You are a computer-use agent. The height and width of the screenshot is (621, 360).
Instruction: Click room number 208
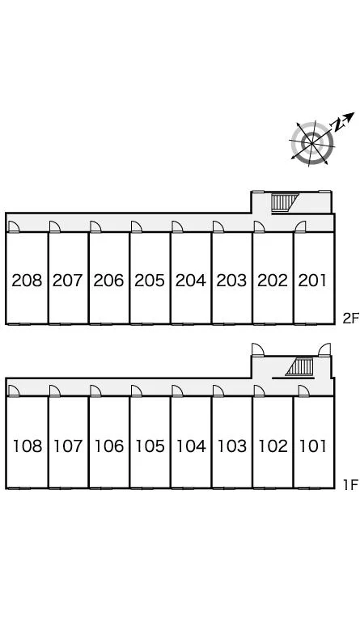point(27,281)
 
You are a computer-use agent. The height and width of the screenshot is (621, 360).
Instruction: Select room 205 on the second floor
point(150,281)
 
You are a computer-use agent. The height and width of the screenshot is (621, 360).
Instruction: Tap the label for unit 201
point(313,281)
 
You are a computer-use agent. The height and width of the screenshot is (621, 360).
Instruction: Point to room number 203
point(231,281)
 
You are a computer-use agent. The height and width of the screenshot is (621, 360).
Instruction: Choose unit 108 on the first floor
point(28,446)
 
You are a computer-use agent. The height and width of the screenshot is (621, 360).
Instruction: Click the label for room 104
point(191,446)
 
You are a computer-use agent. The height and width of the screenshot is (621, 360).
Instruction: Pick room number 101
point(313,446)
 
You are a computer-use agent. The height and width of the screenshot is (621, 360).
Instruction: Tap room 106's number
point(109,446)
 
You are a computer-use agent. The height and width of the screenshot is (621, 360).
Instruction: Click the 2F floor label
point(350,319)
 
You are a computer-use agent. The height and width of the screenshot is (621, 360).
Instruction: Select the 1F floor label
point(350,484)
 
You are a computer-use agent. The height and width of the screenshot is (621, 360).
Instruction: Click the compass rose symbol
point(312,142)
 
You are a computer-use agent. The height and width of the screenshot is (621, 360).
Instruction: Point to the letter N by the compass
point(338,125)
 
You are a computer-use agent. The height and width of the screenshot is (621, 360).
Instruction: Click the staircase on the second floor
point(285,202)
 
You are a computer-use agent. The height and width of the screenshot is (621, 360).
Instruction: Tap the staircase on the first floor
point(300,367)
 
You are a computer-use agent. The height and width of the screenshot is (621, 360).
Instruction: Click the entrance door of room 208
point(14,226)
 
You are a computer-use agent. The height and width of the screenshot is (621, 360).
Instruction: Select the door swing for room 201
point(301,226)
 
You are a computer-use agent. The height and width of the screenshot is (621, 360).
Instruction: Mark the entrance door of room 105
point(137,391)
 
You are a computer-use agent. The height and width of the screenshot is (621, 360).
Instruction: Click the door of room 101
point(303,391)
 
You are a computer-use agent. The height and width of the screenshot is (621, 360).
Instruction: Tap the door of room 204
point(177,226)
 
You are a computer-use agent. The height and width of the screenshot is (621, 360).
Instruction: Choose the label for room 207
point(68,281)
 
